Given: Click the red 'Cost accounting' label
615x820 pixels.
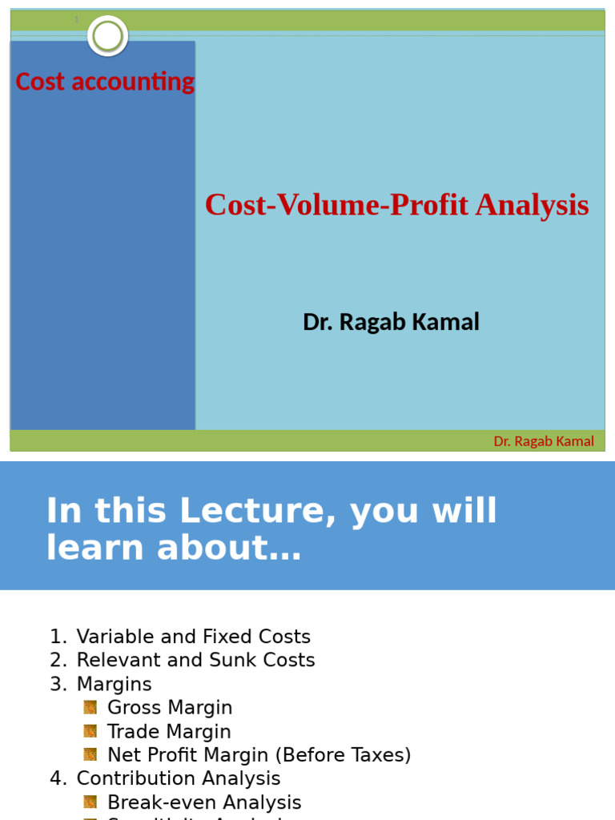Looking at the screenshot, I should tap(105, 82).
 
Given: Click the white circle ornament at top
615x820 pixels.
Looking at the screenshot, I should tap(107, 36).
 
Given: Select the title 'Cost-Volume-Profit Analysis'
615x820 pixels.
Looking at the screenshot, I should tap(396, 206).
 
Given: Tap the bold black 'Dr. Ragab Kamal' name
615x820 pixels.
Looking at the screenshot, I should tap(391, 322).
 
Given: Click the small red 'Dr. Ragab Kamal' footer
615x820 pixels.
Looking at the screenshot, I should tap(544, 441).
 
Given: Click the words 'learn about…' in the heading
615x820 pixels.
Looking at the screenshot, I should tap(174, 548).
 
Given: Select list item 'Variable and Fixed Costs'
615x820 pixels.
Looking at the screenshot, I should tap(193, 637).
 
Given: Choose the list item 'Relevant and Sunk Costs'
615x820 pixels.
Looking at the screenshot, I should tap(195, 660).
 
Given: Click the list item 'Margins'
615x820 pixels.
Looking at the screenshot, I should tap(114, 684).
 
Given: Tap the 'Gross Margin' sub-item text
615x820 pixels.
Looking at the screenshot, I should tap(170, 708).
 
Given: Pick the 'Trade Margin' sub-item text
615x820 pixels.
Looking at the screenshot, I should tap(169, 732).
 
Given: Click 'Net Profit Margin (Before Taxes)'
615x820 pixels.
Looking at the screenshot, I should tap(259, 755).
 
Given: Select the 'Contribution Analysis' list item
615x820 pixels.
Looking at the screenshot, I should tap(178, 778).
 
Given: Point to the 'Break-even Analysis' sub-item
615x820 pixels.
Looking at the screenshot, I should tap(204, 802).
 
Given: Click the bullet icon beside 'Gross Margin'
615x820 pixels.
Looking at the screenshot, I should tap(90, 707).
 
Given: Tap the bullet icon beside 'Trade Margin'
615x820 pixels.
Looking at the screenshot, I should tap(90, 731).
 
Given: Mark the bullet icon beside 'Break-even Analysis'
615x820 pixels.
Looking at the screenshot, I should tap(90, 802).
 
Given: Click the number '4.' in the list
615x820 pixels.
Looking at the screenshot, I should tap(58, 778).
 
